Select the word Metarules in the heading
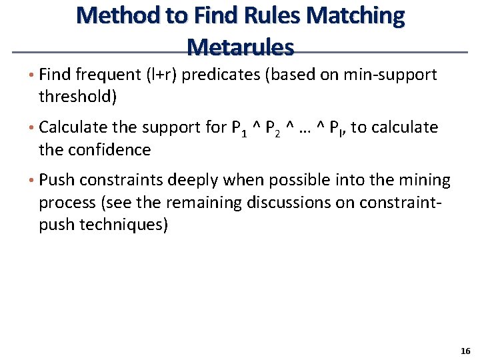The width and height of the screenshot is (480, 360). [240, 47]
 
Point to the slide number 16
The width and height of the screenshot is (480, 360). [465, 351]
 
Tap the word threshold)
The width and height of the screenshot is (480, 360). [78, 97]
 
